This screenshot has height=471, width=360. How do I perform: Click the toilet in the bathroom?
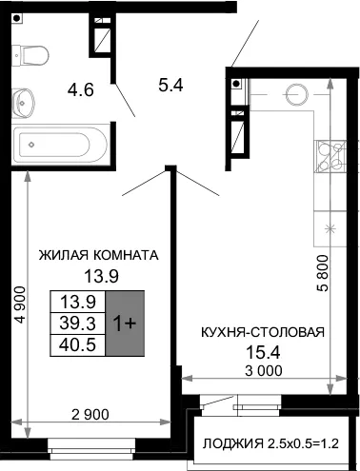(x=30, y=55)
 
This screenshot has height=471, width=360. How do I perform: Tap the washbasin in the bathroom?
(x=23, y=103)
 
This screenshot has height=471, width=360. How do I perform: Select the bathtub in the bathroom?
(x=60, y=145)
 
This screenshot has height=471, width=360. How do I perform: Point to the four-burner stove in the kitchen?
(x=330, y=156)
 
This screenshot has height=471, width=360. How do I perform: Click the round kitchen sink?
(x=297, y=94)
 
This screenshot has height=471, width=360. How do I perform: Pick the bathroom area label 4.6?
(x=81, y=89)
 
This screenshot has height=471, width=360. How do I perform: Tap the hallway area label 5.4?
(x=171, y=85)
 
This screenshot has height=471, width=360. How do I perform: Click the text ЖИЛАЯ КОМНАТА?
(x=98, y=255)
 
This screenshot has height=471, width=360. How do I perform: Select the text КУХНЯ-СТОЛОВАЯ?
(x=263, y=332)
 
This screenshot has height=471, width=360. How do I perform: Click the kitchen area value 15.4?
(x=263, y=352)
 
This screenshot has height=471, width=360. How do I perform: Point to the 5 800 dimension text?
(x=323, y=273)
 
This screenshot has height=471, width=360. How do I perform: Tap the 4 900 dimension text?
(x=21, y=304)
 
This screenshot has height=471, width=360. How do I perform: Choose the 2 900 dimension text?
(x=90, y=415)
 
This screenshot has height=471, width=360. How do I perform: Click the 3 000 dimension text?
(x=264, y=370)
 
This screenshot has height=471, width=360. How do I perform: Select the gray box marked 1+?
(x=125, y=324)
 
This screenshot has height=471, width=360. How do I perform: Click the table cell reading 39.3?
(x=78, y=324)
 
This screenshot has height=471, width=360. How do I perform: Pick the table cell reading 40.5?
(x=78, y=345)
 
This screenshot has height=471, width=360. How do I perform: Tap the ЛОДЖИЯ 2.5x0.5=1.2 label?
(x=270, y=443)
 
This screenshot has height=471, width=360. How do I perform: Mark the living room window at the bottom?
(x=91, y=448)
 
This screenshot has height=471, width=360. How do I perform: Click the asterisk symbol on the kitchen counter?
(x=330, y=228)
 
